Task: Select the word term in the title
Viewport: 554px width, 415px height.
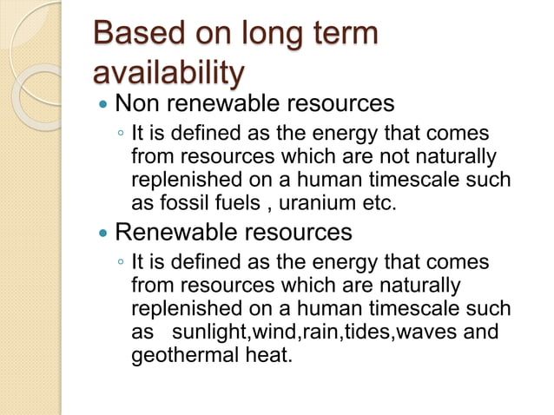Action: tap(346, 35)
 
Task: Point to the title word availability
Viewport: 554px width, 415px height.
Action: tap(168, 73)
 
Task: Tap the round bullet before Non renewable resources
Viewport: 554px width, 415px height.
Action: tap(104, 106)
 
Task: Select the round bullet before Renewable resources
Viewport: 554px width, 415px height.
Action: tap(104, 234)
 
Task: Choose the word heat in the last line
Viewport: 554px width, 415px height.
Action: tap(264, 355)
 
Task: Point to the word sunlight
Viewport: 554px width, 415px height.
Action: tap(208, 333)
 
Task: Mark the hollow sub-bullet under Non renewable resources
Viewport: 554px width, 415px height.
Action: tap(121, 135)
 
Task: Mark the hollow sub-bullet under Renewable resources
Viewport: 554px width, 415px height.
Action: tap(121, 263)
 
